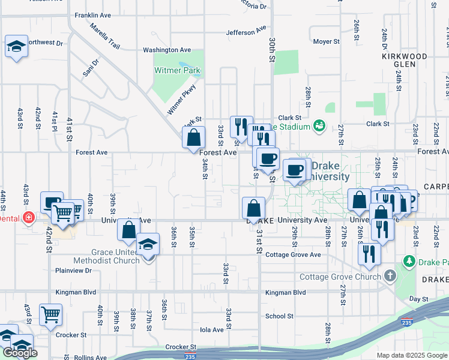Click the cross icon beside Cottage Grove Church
coord(390,277)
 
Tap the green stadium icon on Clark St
coord(319,125)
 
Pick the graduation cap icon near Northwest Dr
coord(16,46)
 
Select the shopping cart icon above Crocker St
coord(50,314)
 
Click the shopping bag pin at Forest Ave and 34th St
coord(193,137)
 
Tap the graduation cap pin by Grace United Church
coord(147,244)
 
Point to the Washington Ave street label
coord(166,50)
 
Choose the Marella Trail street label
coord(105,37)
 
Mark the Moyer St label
coord(327,42)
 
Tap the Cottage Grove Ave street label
coord(294,254)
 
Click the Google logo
coord(20,353)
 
